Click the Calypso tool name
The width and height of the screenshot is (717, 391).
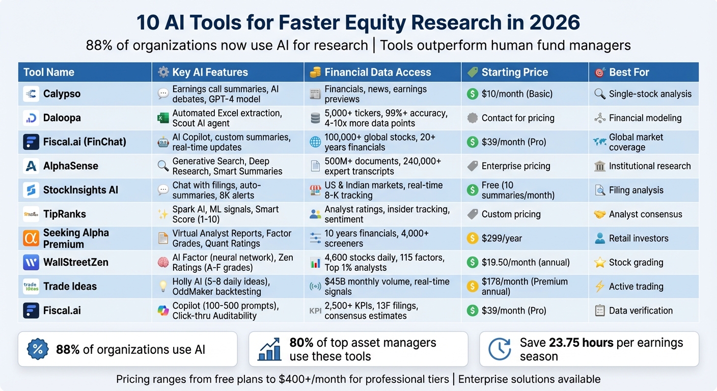[62, 94]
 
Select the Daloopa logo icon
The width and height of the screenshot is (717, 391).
[31, 118]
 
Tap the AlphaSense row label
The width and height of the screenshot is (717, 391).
[71, 166]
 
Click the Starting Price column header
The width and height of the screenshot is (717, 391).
[514, 72]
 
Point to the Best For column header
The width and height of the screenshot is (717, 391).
[629, 72]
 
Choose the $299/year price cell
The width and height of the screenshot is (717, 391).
[502, 238]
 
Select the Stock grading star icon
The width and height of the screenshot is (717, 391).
[600, 263]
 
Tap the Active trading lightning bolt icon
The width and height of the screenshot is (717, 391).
[600, 287]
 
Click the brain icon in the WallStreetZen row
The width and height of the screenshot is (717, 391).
[163, 263]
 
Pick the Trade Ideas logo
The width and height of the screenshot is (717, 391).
[31, 287]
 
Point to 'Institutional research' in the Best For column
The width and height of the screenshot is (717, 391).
[650, 166]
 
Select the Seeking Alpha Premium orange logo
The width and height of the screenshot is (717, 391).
[31, 238]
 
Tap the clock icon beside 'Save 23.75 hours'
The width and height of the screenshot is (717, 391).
[499, 349]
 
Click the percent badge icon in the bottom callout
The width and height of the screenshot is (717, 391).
[37, 349]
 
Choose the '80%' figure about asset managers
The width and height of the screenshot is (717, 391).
[301, 343]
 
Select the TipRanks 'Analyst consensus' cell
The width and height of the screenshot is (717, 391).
[645, 214]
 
